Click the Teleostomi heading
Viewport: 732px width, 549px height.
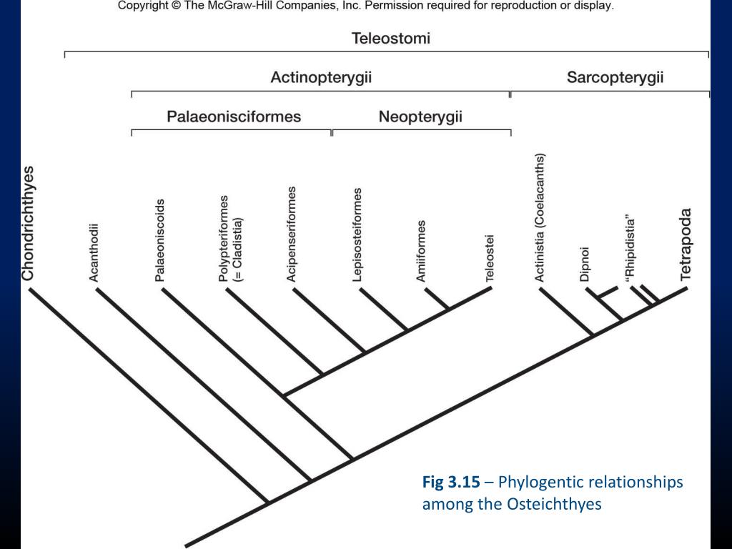pos(390,39)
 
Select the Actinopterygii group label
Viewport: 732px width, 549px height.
pos(321,77)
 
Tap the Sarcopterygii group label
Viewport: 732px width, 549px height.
pos(615,77)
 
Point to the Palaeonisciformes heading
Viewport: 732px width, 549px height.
pos(234,117)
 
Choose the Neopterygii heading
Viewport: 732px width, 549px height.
pos(420,117)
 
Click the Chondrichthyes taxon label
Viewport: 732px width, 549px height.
pos(29,224)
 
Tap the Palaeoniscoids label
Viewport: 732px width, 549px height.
pos(160,240)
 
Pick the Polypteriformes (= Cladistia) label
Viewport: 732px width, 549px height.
pos(230,238)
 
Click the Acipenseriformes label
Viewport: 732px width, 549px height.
pos(292,234)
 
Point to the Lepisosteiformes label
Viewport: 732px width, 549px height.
pos(357,235)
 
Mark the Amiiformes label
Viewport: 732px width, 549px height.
pos(422,251)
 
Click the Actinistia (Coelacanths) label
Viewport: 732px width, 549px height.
pos(540,217)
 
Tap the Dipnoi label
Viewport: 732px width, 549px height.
pos(585,264)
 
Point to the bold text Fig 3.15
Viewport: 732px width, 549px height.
pos(451,483)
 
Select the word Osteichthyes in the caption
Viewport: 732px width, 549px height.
pos(555,504)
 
